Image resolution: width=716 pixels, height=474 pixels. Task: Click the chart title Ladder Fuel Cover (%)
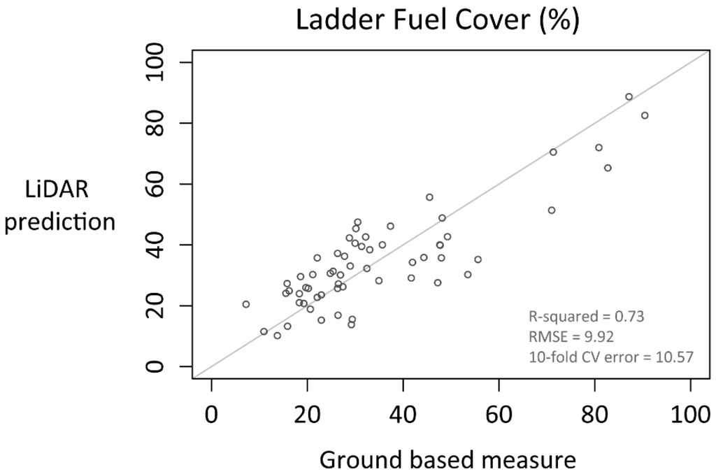point(437,20)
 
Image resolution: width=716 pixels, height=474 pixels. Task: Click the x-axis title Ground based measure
point(447,459)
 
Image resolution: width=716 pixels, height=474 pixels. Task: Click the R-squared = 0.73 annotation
point(586,316)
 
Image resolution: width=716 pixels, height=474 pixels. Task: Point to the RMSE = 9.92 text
point(571,337)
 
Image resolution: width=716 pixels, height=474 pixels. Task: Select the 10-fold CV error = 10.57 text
point(611,357)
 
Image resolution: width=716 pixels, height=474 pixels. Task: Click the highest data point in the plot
point(629,96)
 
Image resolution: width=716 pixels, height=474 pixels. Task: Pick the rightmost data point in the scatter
point(645,115)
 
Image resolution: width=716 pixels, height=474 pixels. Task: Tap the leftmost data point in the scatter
point(245,304)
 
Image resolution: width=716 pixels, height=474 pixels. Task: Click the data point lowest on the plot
point(277,336)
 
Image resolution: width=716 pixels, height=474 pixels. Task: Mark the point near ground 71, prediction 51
point(551,210)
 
